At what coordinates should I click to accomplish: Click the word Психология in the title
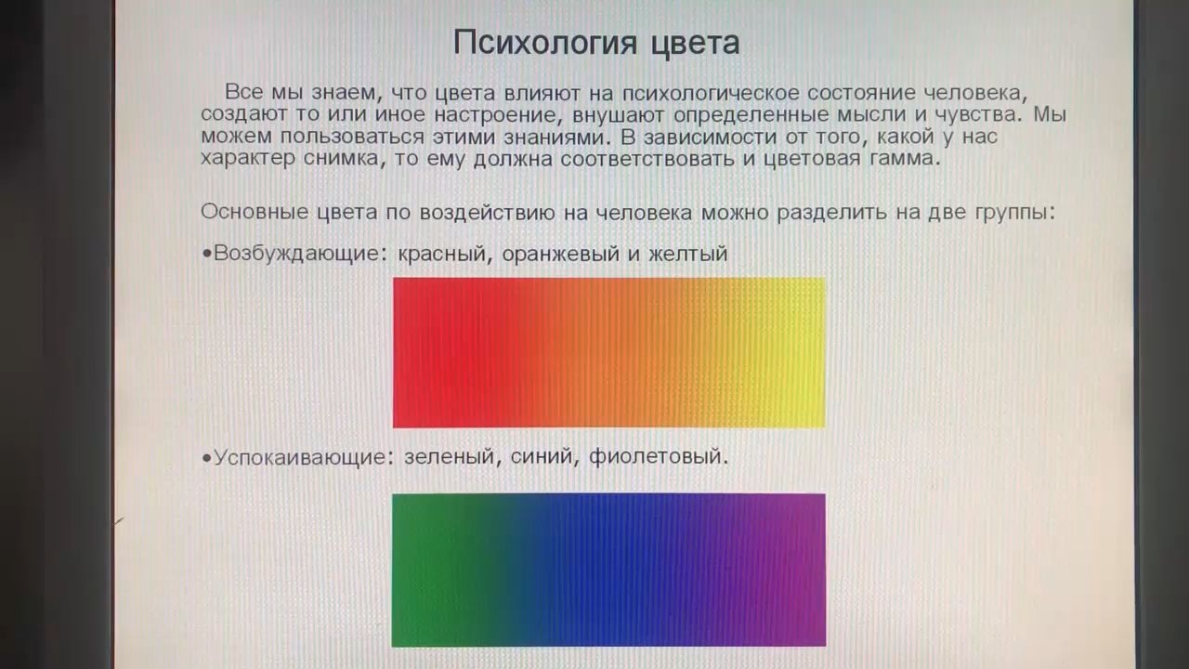[545, 43]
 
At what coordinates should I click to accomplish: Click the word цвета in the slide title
[696, 44]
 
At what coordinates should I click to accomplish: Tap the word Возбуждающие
[296, 254]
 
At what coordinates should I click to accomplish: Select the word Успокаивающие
[299, 456]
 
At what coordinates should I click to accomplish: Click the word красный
[441, 254]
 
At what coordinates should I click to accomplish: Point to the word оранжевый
[561, 254]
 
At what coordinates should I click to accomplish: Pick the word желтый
[688, 254]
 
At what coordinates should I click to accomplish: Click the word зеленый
[450, 456]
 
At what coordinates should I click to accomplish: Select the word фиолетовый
[656, 456]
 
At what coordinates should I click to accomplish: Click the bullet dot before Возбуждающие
[206, 254]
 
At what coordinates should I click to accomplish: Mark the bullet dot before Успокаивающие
[206, 457]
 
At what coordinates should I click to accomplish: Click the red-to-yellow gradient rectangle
[608, 352]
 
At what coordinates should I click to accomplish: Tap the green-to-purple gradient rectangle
[608, 571]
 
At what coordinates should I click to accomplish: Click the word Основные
[255, 212]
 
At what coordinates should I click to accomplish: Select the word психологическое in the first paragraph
[711, 94]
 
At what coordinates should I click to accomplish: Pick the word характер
[248, 159]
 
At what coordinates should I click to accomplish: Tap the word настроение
[494, 114]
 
